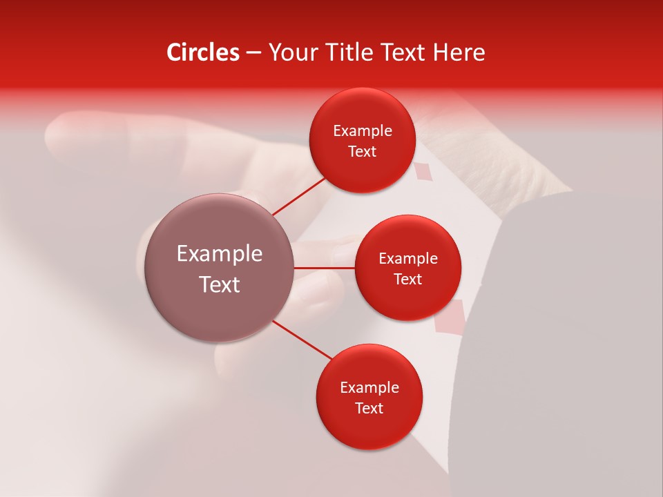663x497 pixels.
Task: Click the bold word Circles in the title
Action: tap(202, 52)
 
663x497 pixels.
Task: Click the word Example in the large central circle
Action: tap(220, 254)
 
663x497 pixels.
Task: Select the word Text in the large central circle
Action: tap(220, 284)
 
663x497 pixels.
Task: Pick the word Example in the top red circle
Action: tap(363, 131)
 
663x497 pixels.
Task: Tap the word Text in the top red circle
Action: tap(363, 152)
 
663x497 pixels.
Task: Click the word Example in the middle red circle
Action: tap(408, 259)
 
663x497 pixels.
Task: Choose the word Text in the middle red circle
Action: tap(408, 280)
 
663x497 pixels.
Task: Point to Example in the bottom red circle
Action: tap(369, 388)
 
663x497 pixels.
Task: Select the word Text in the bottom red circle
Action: tap(369, 409)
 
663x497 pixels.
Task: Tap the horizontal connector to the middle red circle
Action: tap(325, 268)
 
